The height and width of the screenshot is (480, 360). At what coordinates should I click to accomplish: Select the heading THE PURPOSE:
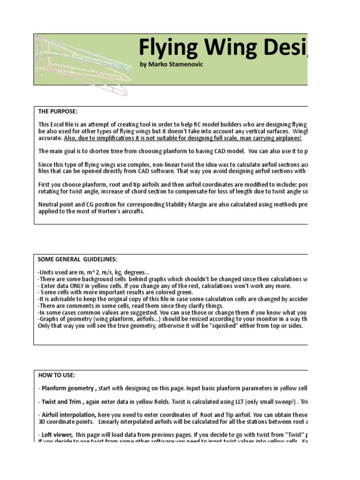(58, 112)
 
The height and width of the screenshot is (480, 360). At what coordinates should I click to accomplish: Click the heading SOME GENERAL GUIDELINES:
(77, 259)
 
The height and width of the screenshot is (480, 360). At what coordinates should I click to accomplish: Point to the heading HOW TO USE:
(56, 375)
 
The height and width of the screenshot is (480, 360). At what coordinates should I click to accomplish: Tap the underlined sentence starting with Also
(183, 139)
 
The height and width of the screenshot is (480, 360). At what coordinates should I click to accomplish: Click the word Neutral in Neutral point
(48, 205)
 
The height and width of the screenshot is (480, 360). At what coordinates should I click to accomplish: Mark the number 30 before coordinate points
(42, 421)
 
